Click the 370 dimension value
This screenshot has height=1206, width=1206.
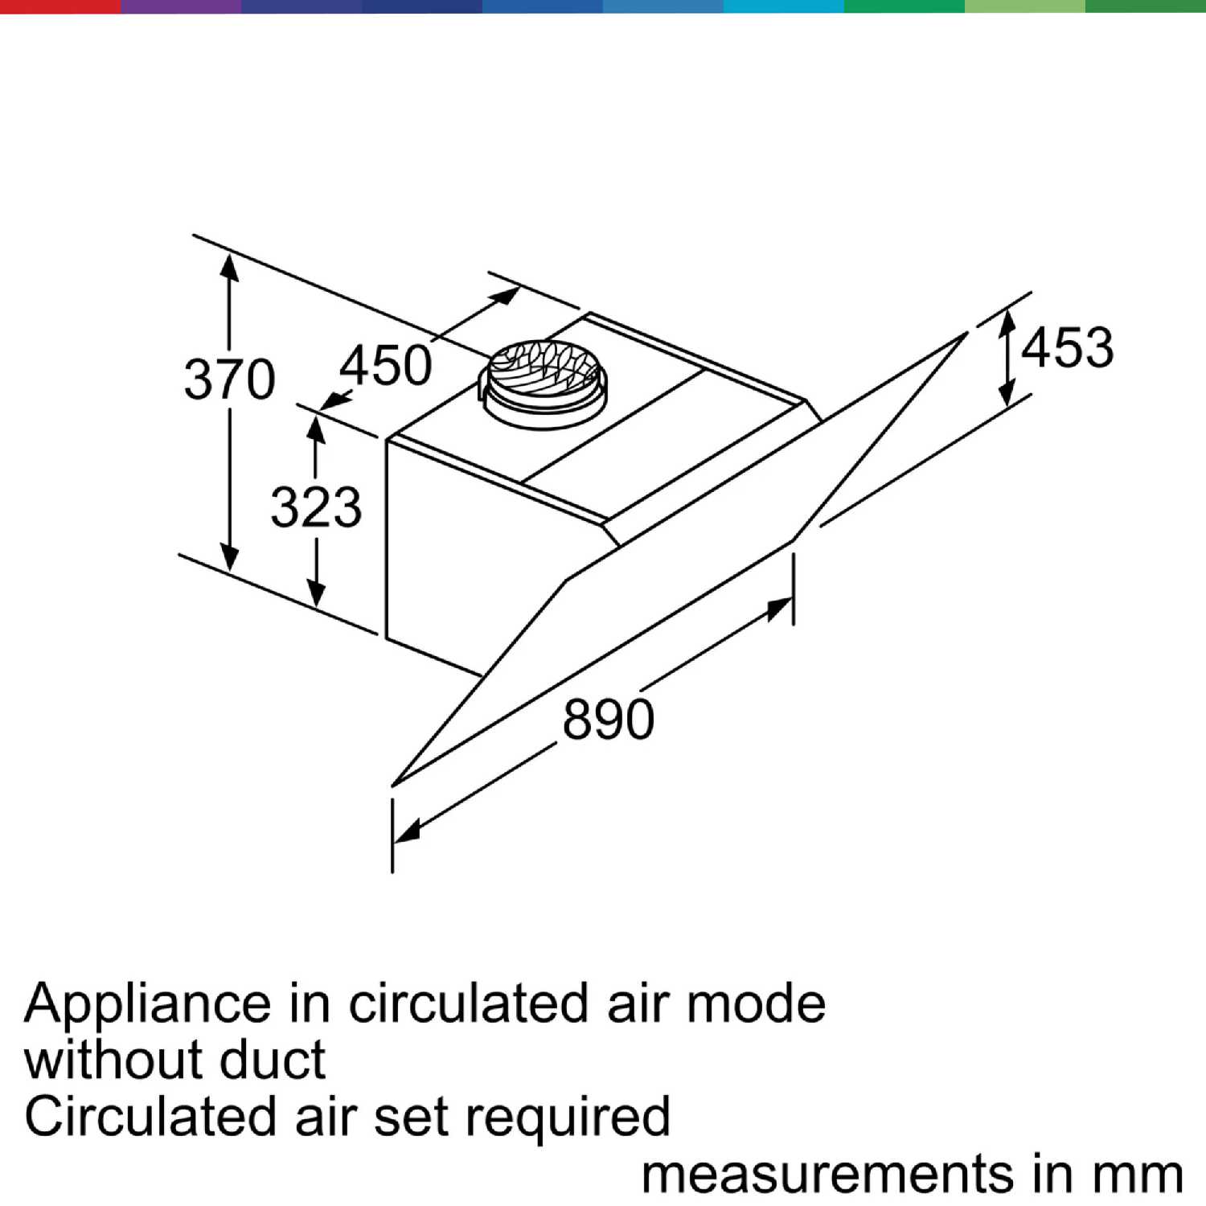230,379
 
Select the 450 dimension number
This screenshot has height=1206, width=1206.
386,365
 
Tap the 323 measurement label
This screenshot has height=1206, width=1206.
316,507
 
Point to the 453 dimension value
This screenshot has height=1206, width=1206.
1068,347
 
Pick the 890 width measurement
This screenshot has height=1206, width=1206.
608,719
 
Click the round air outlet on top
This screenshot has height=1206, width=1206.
543,382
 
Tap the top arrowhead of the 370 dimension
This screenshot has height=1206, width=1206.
230,267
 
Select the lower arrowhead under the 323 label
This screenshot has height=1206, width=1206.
317,592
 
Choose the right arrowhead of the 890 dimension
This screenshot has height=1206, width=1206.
779,609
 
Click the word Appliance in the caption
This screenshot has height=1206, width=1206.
148,1005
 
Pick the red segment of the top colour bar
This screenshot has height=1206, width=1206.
60,6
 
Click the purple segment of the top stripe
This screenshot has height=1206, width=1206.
181,6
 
